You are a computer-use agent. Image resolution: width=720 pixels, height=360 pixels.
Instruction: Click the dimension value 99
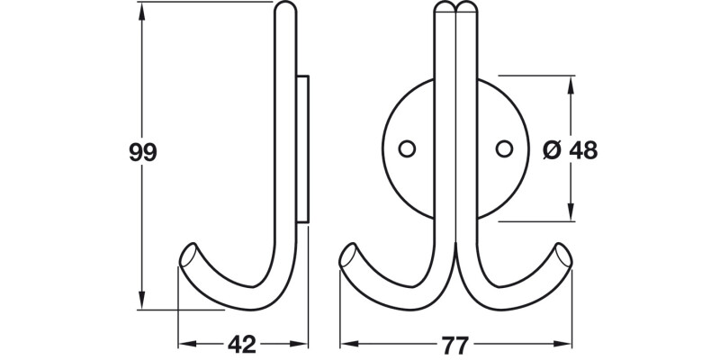click(x=142, y=153)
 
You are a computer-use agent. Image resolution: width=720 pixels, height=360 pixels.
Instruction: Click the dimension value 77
click(x=456, y=344)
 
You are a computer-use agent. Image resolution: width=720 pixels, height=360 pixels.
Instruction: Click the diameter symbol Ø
click(x=553, y=151)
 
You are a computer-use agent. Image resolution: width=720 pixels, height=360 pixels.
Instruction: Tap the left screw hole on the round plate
click(x=407, y=147)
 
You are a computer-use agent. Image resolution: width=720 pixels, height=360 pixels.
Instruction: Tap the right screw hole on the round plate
click(x=505, y=147)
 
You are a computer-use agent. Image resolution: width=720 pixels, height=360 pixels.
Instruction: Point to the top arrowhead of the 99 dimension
click(x=142, y=9)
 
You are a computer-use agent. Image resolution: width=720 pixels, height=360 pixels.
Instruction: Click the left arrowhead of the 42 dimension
click(x=184, y=344)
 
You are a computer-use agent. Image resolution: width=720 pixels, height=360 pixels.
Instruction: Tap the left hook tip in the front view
click(x=346, y=256)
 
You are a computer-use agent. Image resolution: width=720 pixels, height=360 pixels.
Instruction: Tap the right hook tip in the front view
click(x=564, y=256)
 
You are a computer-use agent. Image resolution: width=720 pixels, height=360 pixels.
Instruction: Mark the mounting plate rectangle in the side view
click(x=304, y=148)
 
